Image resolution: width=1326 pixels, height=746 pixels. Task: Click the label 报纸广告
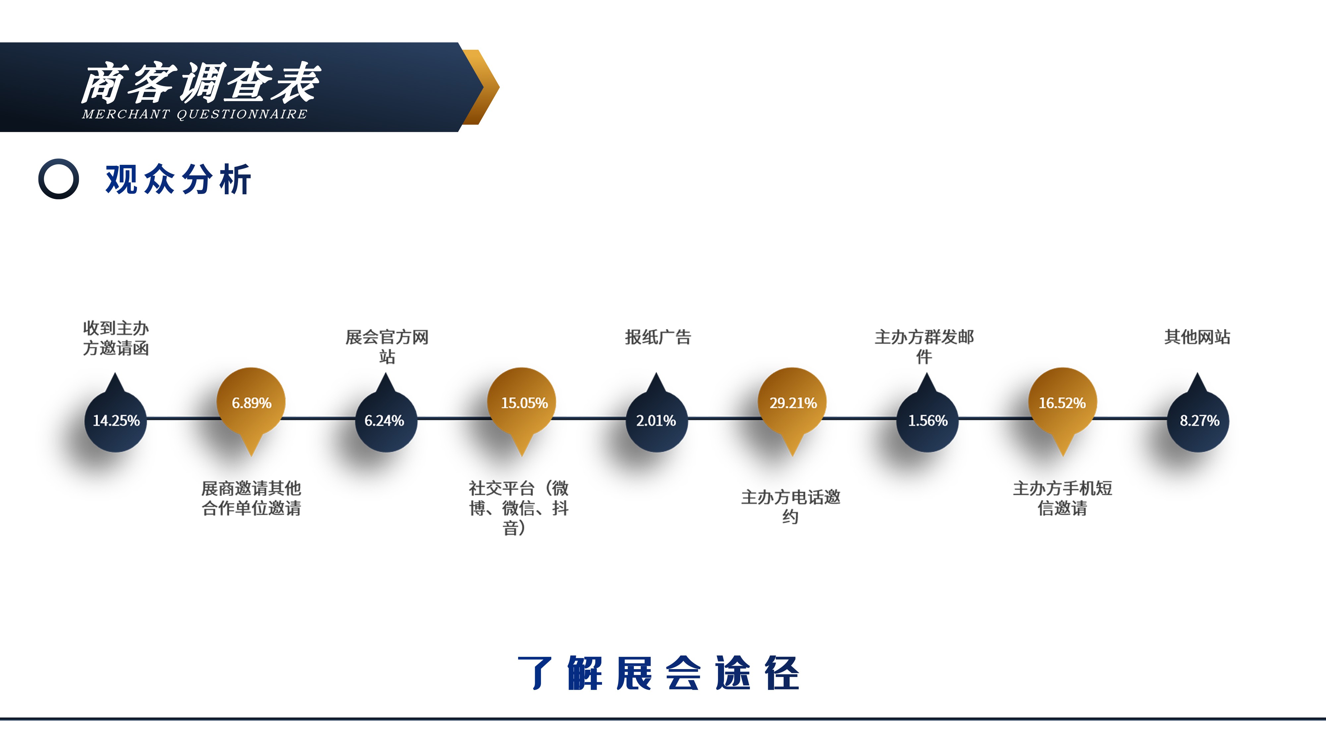658,337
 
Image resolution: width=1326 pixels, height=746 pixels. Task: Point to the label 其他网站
1197,337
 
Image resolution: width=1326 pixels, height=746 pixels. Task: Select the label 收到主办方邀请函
116,338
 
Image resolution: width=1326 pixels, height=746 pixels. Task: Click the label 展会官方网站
387,346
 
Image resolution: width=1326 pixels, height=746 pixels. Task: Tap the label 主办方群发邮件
925,346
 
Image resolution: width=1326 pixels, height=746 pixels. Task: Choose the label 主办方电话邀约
791,507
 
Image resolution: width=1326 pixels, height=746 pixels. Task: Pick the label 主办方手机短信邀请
1063,498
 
